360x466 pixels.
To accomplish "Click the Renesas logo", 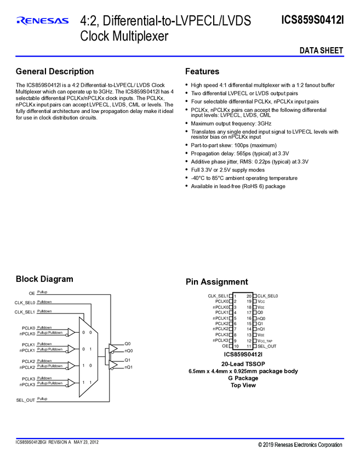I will coord(43,21).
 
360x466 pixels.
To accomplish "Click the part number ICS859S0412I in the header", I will coord(312,20).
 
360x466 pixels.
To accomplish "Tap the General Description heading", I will coord(55,71).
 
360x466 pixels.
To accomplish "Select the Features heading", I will coord(202,71).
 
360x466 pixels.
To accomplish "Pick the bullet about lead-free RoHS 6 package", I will coord(238,186).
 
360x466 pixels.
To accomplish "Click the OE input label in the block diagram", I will coord(32,294).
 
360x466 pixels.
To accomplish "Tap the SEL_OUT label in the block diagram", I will coord(25,401).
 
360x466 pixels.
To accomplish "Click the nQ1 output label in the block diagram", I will coord(129,367).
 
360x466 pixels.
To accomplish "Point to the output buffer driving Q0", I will coord(113,347).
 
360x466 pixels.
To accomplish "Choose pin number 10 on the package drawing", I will coord(235,346).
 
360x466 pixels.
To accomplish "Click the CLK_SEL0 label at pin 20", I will coord(268,296).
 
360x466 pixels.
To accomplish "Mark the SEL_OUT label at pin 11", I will coord(267,346).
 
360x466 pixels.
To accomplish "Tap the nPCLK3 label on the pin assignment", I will coord(220,340).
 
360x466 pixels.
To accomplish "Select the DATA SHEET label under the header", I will coord(321,51).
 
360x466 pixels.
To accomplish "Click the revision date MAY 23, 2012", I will coord(86,442).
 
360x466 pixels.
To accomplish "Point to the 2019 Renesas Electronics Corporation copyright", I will coord(300,445).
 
